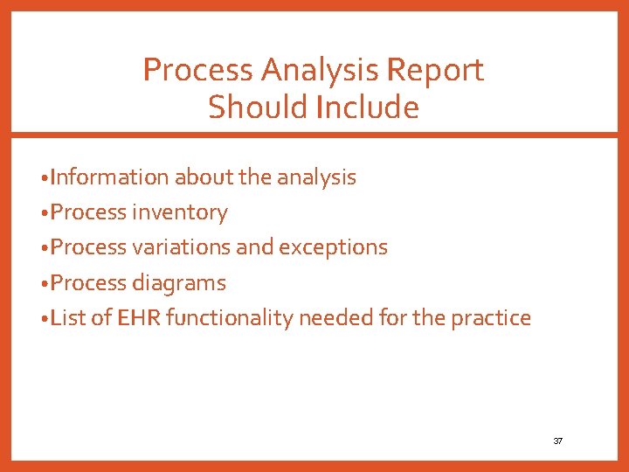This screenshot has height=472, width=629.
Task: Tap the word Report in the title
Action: [x=440, y=70]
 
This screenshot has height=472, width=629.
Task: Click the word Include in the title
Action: [x=369, y=108]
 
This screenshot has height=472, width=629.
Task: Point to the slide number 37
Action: [x=558, y=441]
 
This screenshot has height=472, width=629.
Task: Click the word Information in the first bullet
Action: [x=109, y=177]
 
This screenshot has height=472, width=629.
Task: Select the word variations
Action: [x=182, y=247]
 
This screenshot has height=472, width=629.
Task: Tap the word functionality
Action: [x=229, y=318]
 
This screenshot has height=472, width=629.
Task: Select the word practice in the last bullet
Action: [x=491, y=317]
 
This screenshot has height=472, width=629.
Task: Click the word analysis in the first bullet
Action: [x=316, y=177]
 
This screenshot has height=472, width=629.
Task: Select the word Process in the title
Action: [x=197, y=70]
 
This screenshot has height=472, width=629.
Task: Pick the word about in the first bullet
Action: [x=204, y=177]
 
